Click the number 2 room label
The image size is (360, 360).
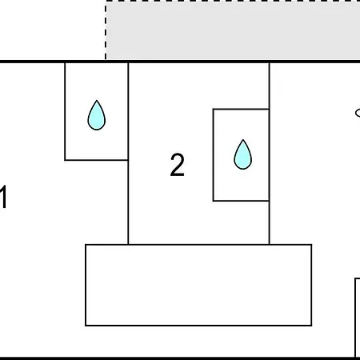(x=177, y=165)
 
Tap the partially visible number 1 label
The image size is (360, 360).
(x=3, y=197)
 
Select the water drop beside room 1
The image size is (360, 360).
(x=97, y=115)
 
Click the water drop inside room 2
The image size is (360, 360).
(x=242, y=154)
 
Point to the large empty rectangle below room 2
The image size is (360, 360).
(x=198, y=285)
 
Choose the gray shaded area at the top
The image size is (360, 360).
(x=234, y=30)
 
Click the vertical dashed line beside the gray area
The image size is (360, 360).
(x=106, y=30)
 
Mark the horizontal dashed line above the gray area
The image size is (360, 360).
(x=233, y=1)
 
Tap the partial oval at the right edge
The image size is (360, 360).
(x=358, y=113)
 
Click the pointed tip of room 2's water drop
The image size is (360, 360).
(x=243, y=140)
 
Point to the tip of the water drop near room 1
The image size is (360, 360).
(x=97, y=101)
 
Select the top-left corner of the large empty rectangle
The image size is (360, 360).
(x=86, y=245)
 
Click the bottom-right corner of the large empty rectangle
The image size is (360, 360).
(x=311, y=326)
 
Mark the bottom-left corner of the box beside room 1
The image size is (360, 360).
(x=65, y=160)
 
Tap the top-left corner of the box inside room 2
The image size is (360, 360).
(x=214, y=109)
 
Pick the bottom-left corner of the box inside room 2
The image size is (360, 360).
(x=214, y=201)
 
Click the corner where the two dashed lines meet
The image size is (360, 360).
(x=106, y=1)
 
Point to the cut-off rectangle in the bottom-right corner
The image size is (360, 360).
(x=358, y=318)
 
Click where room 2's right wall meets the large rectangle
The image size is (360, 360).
(x=270, y=244)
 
